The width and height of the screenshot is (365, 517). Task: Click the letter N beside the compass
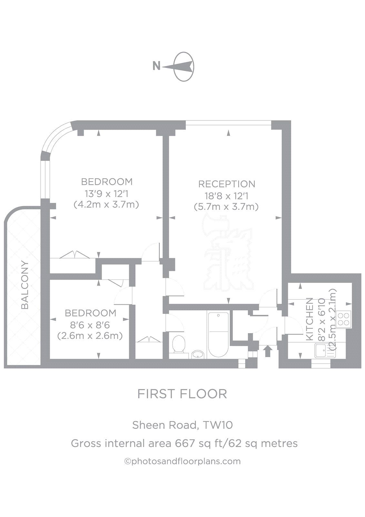157,66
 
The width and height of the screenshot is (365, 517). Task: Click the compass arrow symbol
181,67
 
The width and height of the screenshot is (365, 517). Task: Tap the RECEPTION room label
227,184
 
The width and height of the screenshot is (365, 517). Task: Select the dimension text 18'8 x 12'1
226,195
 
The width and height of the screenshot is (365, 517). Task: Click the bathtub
218,334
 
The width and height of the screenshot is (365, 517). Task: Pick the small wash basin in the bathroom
198,355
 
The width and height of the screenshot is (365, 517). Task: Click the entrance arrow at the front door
267,351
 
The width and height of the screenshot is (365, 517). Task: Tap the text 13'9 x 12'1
106,194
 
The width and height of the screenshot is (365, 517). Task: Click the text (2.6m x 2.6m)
90,336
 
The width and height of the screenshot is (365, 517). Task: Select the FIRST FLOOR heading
182,394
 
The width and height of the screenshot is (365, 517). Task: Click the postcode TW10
218,425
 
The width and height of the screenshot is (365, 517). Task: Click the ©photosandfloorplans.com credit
182,461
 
